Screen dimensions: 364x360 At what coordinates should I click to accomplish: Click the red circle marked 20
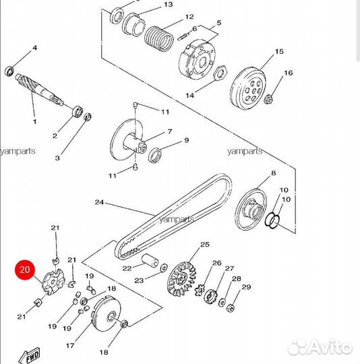click(26, 271)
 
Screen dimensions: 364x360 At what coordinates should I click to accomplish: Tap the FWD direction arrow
click(31, 355)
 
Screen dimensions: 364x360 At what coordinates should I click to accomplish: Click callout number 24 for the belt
click(98, 202)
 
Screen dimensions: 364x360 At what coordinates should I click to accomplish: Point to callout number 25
click(205, 243)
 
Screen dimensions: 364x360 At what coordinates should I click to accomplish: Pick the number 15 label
click(278, 52)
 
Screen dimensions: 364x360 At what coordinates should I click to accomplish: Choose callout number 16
click(289, 73)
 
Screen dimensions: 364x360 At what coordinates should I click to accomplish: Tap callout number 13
click(169, 5)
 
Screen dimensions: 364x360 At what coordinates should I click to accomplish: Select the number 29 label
click(246, 287)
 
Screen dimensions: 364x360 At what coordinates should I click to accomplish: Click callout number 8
click(274, 173)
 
